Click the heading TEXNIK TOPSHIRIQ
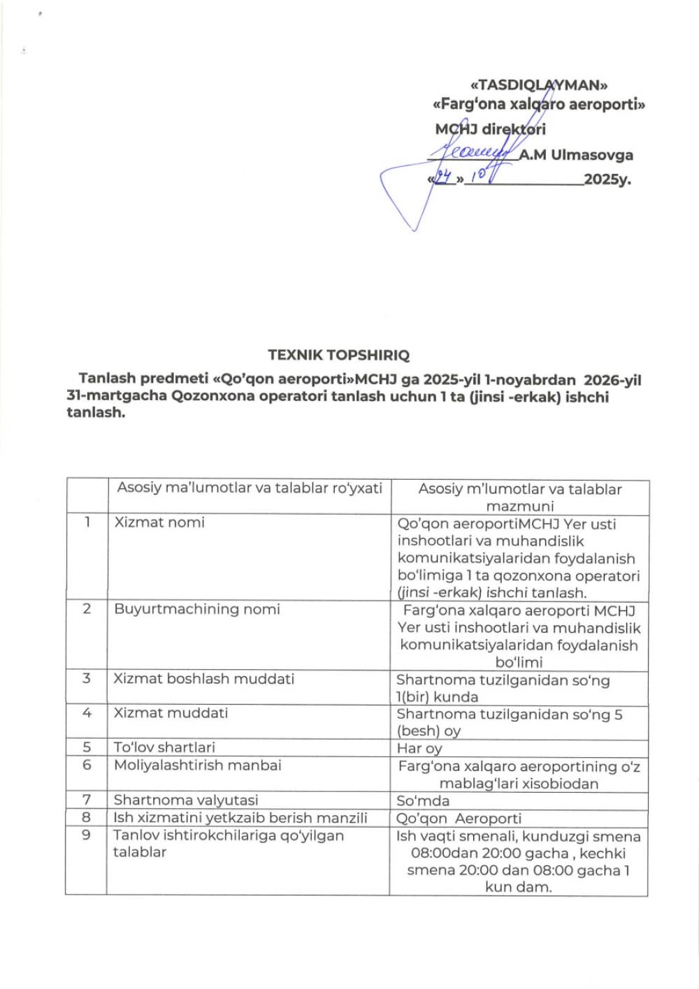point(338,355)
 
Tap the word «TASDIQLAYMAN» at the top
point(539,85)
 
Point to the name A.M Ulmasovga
point(575,155)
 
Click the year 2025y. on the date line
point(607,179)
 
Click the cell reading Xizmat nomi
point(159,522)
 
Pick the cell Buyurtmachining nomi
point(196,609)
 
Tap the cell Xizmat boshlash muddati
point(204,679)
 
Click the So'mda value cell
point(423,801)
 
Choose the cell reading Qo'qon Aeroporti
point(459,819)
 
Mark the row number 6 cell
point(87,765)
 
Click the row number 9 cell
point(87,835)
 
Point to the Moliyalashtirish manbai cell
point(197,765)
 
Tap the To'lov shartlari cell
point(164,747)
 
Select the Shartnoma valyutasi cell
point(186,800)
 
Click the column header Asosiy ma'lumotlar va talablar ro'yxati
point(250,488)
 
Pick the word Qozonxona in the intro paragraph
point(208,397)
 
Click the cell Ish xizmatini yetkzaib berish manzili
point(240,818)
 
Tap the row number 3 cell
point(87,679)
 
